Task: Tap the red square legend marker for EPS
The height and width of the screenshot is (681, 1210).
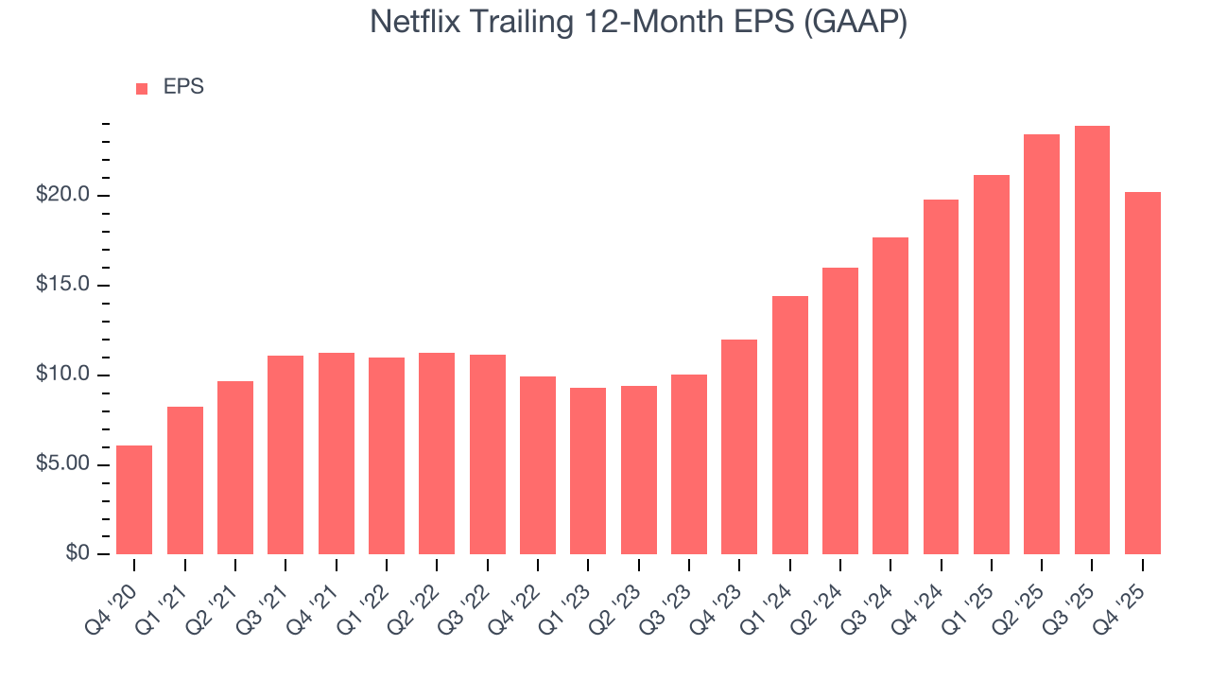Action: [142, 88]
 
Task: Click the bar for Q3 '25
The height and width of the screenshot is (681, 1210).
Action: [1092, 340]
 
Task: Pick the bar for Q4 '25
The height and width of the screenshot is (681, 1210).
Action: [1142, 374]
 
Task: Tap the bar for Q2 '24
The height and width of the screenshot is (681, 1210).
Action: [839, 410]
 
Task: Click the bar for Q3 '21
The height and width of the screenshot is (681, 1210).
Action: [285, 455]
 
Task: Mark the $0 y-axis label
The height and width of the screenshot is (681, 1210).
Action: [78, 554]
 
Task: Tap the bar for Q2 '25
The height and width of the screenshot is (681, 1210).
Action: [1041, 344]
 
